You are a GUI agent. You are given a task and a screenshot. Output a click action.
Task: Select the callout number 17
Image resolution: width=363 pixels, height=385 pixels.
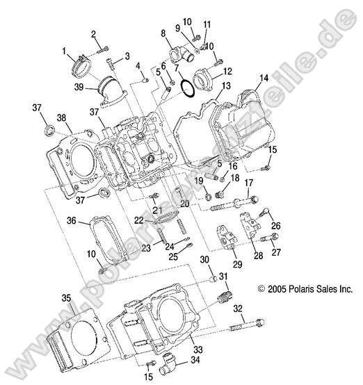[x=248, y=183]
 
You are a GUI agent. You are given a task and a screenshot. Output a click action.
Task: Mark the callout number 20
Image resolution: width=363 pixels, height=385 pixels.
[x=184, y=204]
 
